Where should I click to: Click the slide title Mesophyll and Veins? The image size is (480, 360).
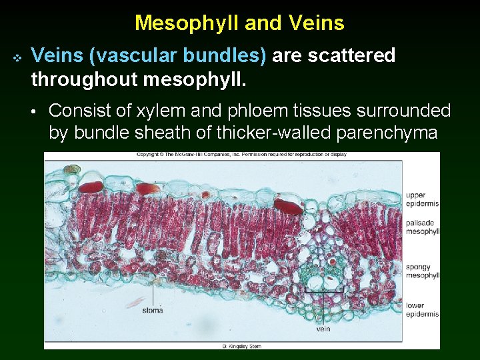click(x=239, y=23)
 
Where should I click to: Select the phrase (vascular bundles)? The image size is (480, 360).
click(x=175, y=55)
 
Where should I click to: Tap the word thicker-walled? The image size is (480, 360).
click(x=273, y=133)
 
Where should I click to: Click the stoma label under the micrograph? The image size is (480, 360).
click(x=153, y=310)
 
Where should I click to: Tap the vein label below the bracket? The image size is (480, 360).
click(x=323, y=328)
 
